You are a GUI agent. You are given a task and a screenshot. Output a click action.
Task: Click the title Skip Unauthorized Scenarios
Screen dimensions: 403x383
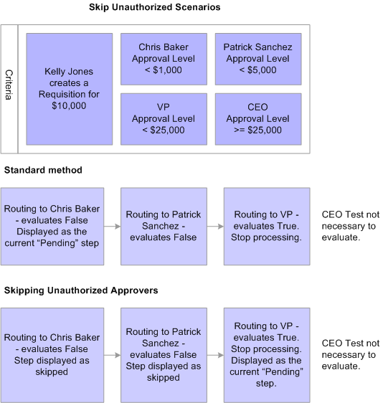[x=154, y=7]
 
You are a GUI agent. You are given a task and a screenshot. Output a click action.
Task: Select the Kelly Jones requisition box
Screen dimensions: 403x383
[x=69, y=88]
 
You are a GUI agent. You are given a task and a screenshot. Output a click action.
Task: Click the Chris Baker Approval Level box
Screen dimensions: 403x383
[x=163, y=59]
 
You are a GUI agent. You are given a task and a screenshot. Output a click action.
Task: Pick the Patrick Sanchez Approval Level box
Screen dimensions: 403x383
[x=257, y=59]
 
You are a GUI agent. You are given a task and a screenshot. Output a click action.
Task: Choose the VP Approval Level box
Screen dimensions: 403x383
[x=163, y=118]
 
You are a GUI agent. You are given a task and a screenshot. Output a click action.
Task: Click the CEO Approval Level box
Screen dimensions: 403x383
[x=257, y=118]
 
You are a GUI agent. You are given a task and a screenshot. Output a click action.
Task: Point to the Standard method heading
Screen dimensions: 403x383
[x=43, y=170]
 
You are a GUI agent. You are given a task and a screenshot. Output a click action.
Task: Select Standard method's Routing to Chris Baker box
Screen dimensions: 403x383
[x=52, y=226]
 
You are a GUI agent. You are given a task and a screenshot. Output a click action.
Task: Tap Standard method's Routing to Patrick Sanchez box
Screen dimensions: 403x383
[x=164, y=226]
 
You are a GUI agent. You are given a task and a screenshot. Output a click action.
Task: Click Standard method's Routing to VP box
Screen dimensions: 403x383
[x=267, y=226]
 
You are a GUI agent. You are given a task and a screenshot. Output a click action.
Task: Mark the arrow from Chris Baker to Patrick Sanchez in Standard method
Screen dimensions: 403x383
[x=112, y=226]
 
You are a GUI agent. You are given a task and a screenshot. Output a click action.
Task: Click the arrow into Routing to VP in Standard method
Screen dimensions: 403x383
[x=215, y=226]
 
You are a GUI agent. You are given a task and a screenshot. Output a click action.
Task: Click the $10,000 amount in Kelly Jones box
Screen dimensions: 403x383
[x=69, y=105]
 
